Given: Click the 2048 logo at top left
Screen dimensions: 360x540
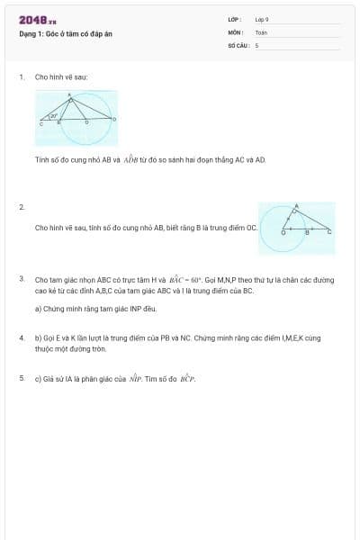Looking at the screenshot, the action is pyautogui.click(x=37, y=20).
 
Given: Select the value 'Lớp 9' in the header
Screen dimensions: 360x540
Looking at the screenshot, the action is pyautogui.click(x=262, y=19).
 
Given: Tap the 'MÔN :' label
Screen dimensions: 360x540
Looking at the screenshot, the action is pyautogui.click(x=236, y=31).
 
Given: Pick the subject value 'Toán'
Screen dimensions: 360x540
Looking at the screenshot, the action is pyautogui.click(x=261, y=31).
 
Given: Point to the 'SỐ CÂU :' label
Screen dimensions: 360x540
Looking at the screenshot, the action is pyautogui.click(x=238, y=44).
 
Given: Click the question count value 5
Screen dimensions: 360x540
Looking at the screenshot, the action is pyautogui.click(x=256, y=44).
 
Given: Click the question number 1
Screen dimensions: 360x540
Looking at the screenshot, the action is pyautogui.click(x=21, y=77).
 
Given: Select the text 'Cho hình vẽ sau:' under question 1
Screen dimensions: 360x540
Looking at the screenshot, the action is pyautogui.click(x=61, y=77).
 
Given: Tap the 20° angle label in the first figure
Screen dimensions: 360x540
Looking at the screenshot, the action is pyautogui.click(x=54, y=115).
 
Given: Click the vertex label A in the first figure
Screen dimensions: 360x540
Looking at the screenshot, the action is pyautogui.click(x=70, y=94).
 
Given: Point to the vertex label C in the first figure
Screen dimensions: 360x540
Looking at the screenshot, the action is pyautogui.click(x=40, y=124).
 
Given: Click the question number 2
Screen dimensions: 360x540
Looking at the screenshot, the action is pyautogui.click(x=21, y=207).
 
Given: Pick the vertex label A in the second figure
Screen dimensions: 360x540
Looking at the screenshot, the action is pyautogui.click(x=297, y=206).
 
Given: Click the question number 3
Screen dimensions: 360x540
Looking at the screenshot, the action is pyautogui.click(x=21, y=279).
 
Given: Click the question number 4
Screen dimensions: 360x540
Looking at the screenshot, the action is pyautogui.click(x=21, y=337).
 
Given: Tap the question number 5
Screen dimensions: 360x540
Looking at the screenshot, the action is pyautogui.click(x=21, y=378).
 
